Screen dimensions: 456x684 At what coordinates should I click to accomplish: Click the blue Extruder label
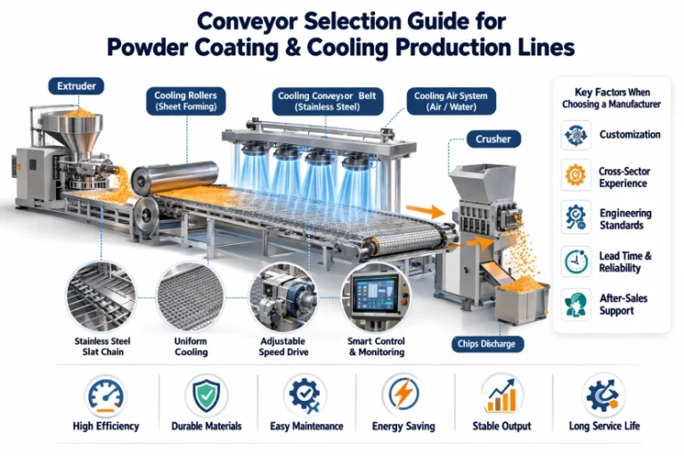click(x=76, y=86)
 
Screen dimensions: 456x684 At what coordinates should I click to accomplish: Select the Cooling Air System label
click(x=452, y=101)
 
